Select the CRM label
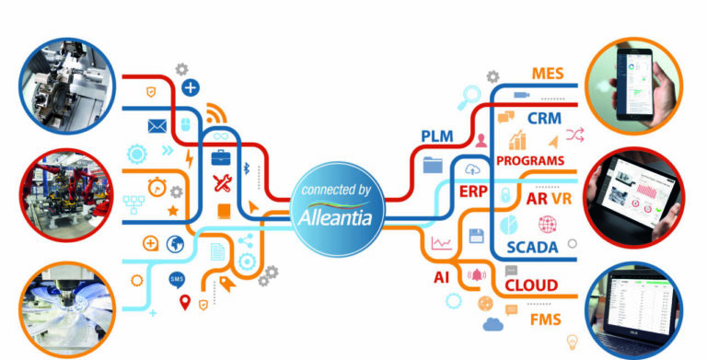[x=544, y=119]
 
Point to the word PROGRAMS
[x=529, y=160]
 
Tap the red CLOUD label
[x=531, y=285]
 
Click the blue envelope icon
[x=156, y=126]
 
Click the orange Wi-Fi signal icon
[x=215, y=115]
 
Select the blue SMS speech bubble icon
[x=177, y=279]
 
